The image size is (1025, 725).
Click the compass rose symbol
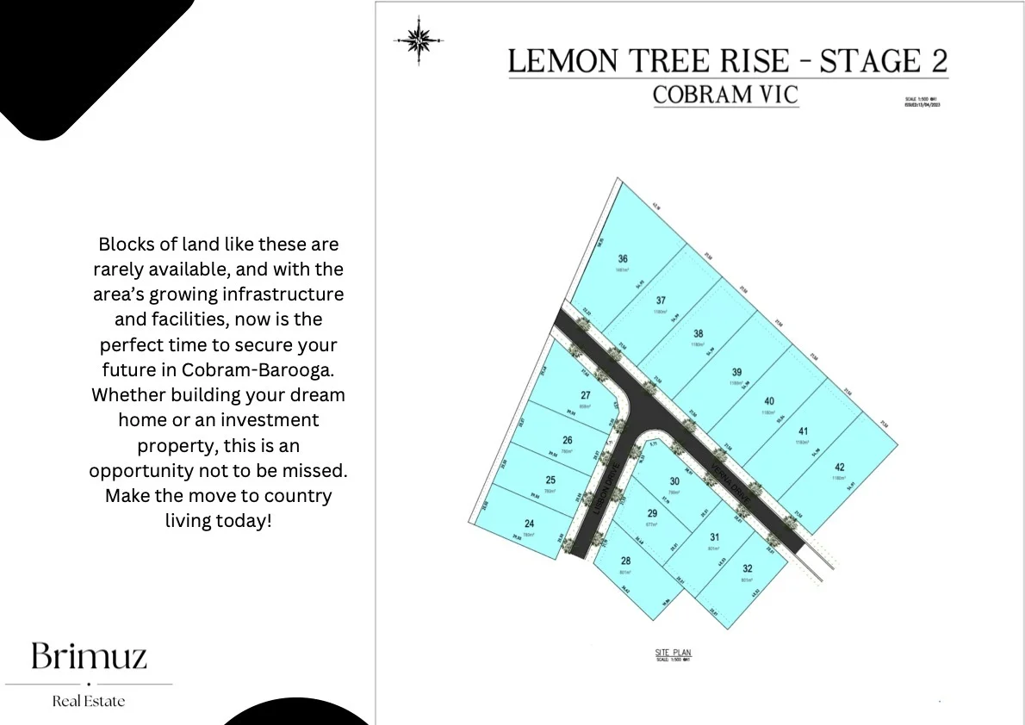click(x=419, y=40)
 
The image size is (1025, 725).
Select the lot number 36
click(x=623, y=258)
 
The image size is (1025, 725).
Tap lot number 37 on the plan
click(x=661, y=301)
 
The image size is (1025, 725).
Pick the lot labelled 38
click(x=699, y=334)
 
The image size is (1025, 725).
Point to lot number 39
click(x=736, y=372)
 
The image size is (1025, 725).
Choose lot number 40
click(x=769, y=401)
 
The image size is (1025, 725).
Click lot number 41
click(x=804, y=431)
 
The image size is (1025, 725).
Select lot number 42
click(x=839, y=468)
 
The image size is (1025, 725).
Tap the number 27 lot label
click(x=585, y=396)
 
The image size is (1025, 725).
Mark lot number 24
click(x=529, y=524)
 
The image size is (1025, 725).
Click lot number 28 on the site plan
click(x=625, y=561)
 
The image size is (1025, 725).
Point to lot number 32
click(x=748, y=568)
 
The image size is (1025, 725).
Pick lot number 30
click(x=674, y=481)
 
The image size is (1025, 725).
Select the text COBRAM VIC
click(x=725, y=94)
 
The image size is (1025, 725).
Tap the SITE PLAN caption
click(x=673, y=653)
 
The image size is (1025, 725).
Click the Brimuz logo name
click(x=89, y=657)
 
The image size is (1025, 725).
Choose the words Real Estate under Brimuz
click(x=89, y=701)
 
